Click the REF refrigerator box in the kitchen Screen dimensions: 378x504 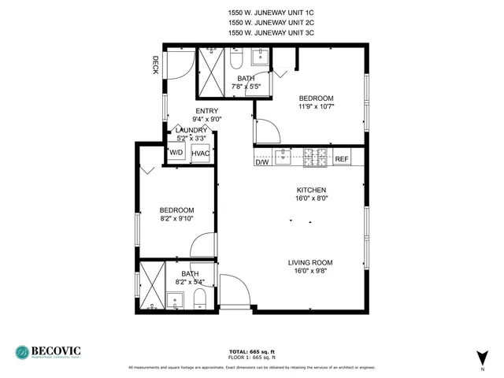click(342, 159)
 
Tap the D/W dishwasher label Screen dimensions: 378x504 click(262, 161)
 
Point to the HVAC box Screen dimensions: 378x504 click(200, 153)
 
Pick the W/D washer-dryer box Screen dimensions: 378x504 click(176, 153)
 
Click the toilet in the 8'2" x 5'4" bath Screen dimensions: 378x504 click(200, 298)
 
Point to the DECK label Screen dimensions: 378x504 click(156, 65)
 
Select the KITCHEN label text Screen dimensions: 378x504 click(311, 191)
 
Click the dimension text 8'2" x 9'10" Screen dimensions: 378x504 click(176, 220)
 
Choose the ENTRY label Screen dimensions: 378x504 click(207, 111)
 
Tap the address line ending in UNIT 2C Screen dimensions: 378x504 click(261, 23)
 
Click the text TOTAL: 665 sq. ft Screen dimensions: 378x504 click(252, 351)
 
